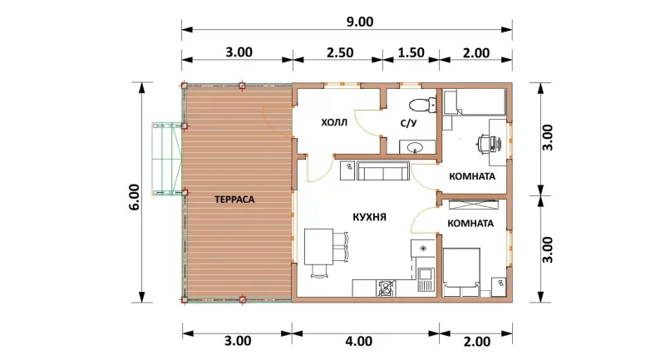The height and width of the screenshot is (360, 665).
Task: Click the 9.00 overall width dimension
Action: point(360,22)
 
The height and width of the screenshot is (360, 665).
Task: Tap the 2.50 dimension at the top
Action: point(340,52)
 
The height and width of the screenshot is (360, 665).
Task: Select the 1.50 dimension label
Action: point(411,52)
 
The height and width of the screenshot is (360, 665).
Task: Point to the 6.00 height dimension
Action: point(134,197)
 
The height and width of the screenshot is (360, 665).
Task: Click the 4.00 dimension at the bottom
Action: point(359,341)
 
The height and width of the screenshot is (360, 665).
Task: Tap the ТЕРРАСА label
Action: point(234,200)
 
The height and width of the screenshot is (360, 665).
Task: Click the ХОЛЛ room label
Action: point(334,123)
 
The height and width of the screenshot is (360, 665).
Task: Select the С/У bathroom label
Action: point(409,123)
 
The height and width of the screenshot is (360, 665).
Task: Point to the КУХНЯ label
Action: point(369,217)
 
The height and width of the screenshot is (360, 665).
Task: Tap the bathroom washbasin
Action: point(415,147)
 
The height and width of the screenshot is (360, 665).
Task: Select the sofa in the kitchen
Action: point(383,170)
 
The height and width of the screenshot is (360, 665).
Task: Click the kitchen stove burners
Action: point(386,288)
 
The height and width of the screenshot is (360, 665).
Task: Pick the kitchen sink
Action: point(425,279)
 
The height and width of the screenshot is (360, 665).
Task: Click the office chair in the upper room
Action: point(485,143)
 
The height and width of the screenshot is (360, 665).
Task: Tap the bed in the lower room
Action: point(461,272)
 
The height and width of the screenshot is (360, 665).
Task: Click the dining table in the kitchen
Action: point(318,247)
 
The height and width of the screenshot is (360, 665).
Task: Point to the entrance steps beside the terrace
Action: point(167,160)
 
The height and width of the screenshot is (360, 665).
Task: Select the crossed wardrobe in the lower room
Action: point(473,204)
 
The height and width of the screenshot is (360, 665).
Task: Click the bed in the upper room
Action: point(475,101)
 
